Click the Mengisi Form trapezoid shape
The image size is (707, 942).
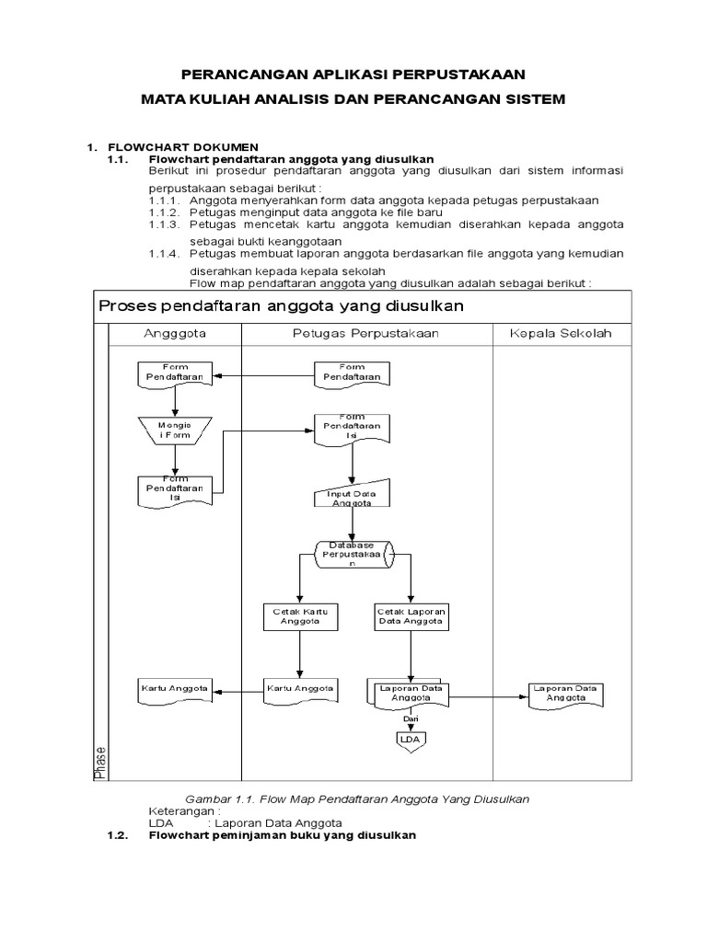[x=172, y=430]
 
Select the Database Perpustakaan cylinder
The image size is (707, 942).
[x=354, y=554]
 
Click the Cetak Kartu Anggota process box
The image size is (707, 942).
[x=297, y=616]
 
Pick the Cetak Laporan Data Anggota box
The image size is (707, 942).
[x=410, y=616]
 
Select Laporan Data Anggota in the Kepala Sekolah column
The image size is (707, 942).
[x=566, y=694]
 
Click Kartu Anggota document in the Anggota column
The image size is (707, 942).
[x=174, y=689]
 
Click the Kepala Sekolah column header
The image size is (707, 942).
[x=561, y=333]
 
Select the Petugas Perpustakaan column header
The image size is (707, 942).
[x=367, y=333]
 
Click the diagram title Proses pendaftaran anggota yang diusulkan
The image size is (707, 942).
[x=281, y=304]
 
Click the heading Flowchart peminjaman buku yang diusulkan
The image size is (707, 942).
[x=282, y=835]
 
